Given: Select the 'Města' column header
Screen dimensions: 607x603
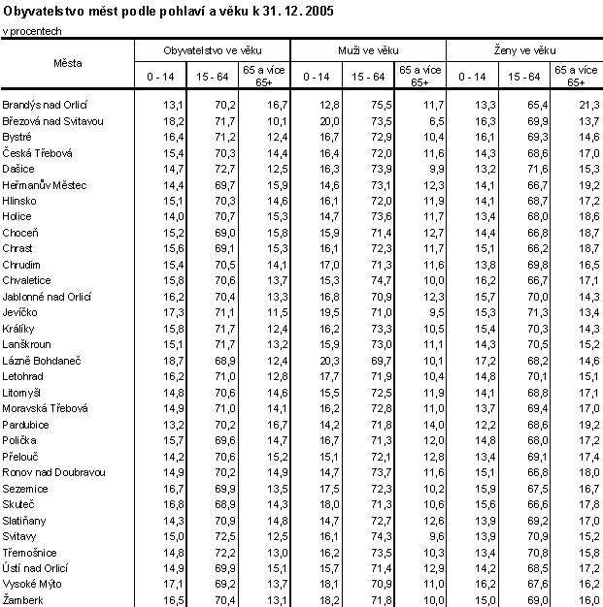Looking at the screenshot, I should pos(68,63).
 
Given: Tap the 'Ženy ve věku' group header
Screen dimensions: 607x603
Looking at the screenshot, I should pos(523,48).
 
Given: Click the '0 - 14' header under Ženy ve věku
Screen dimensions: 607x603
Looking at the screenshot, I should pos(471,76).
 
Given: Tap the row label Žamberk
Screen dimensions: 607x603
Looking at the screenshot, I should pos(24,601).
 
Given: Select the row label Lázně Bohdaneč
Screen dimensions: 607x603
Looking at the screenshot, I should pos(39,359).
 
